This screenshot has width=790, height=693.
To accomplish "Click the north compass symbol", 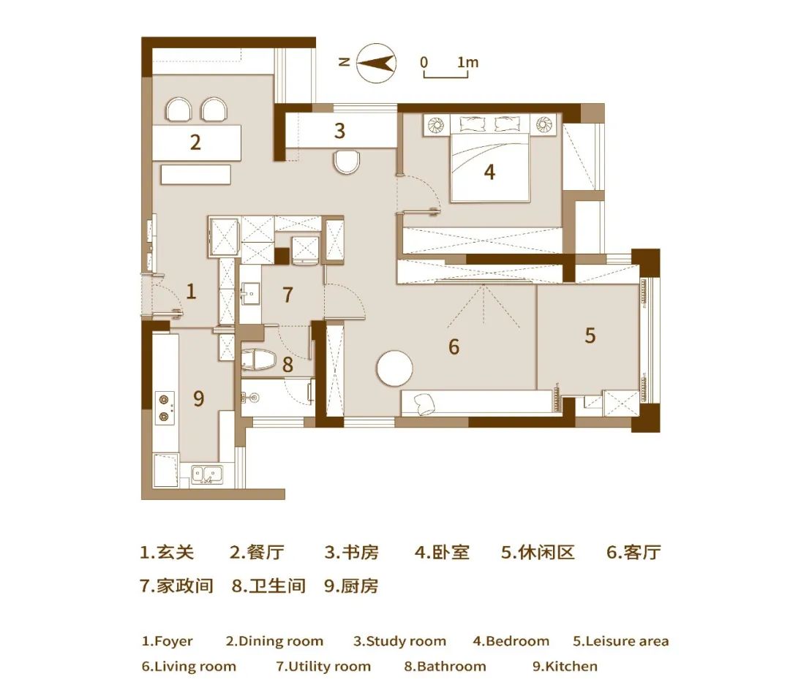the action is click(377, 63).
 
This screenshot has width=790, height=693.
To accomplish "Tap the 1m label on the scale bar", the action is click(467, 62).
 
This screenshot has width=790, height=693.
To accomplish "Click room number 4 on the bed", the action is click(489, 173).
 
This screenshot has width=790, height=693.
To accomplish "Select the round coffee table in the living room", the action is click(394, 368).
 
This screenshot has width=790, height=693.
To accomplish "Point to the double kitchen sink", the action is click(207, 474).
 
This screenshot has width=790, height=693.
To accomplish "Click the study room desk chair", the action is click(347, 162).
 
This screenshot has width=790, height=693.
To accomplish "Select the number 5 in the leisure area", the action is click(590, 336).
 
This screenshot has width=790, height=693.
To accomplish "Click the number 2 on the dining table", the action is click(195, 143).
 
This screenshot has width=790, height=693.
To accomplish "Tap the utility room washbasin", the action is click(250, 294).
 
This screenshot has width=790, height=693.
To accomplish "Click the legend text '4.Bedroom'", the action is click(511, 641).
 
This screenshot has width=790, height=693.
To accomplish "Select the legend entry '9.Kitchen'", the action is click(565, 666).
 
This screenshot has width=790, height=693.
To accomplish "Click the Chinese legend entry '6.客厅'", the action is click(633, 553).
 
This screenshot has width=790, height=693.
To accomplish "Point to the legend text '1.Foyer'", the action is click(168, 641).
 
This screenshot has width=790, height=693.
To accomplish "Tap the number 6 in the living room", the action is click(454, 346).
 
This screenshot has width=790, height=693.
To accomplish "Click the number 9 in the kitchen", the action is click(199, 399).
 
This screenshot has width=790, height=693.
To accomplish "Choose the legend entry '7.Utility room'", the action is click(323, 667).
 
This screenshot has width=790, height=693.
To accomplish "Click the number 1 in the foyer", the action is click(191, 292).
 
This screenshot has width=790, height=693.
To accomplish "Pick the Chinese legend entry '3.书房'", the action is click(351, 553).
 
